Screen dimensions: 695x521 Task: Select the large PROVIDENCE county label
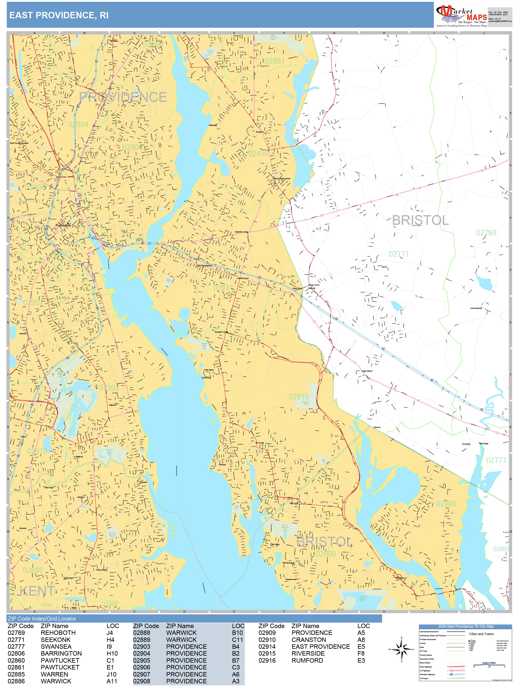pos(123,97)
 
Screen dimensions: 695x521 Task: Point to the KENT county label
pos(37,591)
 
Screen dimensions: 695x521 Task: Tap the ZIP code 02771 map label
pos(399,254)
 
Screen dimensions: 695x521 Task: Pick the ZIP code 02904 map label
pos(78,125)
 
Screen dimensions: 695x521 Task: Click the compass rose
pos(401,649)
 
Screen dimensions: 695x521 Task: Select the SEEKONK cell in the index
pos(56,640)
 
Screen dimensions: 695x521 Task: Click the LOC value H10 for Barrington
pos(112,654)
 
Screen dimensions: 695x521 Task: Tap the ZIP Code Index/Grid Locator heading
pos(42,619)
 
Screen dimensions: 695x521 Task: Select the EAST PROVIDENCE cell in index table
pos(320,647)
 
